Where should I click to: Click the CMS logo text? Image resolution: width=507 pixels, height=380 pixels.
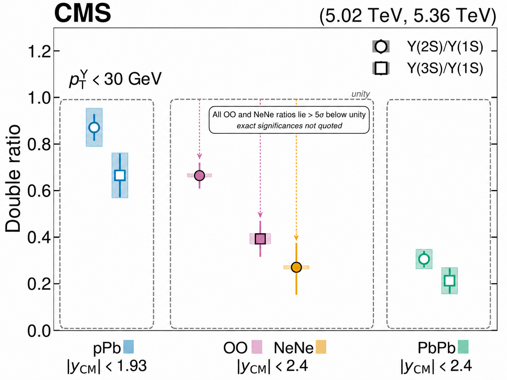point(83,13)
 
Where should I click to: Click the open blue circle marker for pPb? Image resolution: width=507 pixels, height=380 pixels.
point(94,127)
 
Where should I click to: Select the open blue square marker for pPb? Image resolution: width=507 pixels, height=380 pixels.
point(120,175)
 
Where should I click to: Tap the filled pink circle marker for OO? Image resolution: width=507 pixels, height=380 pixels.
point(199,176)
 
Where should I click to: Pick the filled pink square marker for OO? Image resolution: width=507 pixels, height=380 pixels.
point(260,239)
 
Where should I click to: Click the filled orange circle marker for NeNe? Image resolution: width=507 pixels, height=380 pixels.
point(296,267)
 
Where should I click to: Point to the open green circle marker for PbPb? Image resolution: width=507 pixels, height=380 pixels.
point(424,259)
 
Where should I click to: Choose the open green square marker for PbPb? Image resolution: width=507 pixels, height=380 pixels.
point(450,281)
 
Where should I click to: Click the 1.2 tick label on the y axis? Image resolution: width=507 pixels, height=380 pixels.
point(39,51)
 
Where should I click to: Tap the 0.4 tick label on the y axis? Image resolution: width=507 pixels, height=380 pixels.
point(39,238)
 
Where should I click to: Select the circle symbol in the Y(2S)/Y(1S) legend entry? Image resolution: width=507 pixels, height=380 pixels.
point(381,47)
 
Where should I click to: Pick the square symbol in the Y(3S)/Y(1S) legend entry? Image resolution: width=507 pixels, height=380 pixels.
point(381,68)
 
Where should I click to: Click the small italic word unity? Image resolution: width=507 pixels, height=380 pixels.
point(361,94)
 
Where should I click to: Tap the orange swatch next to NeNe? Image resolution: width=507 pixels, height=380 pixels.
point(321,347)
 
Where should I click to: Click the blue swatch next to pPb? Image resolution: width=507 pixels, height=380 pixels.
point(129,347)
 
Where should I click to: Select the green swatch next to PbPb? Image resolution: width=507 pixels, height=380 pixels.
point(463,347)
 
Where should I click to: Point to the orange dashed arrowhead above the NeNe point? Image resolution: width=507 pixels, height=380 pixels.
point(296,238)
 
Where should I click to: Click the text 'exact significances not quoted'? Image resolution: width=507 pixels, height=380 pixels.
point(289,126)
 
